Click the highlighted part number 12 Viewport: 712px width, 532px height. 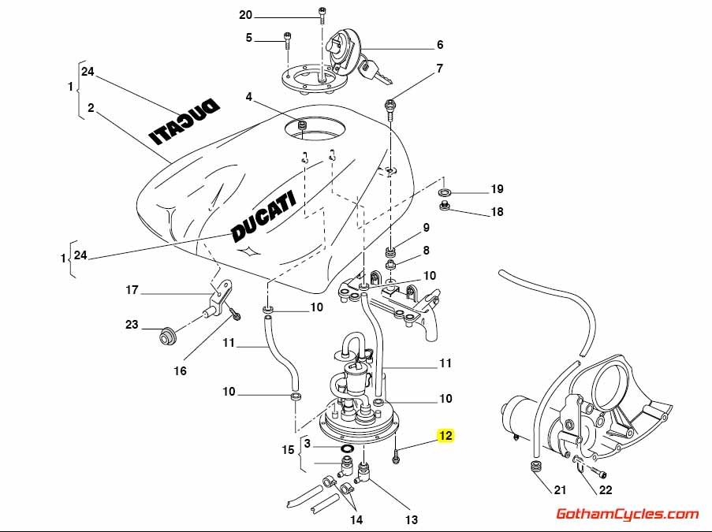click(445, 436)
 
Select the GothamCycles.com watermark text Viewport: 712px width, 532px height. click(628, 515)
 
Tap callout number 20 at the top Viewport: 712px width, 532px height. click(245, 15)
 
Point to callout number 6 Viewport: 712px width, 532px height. click(440, 45)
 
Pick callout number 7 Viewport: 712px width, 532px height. click(439, 69)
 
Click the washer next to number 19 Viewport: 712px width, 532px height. click(445, 192)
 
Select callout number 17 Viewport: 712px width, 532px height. click(132, 290)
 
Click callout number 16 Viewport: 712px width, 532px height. click(181, 370)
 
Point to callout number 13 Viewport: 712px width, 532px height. click(412, 519)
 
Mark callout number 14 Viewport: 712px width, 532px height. click(357, 519)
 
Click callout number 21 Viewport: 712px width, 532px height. click(559, 490)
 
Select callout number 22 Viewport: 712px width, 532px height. click(606, 490)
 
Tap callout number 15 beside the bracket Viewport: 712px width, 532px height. click(288, 450)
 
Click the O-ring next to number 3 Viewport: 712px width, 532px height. click(345, 449)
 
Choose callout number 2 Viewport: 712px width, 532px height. click(91, 109)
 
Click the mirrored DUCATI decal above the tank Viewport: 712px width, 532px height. click(186, 122)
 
